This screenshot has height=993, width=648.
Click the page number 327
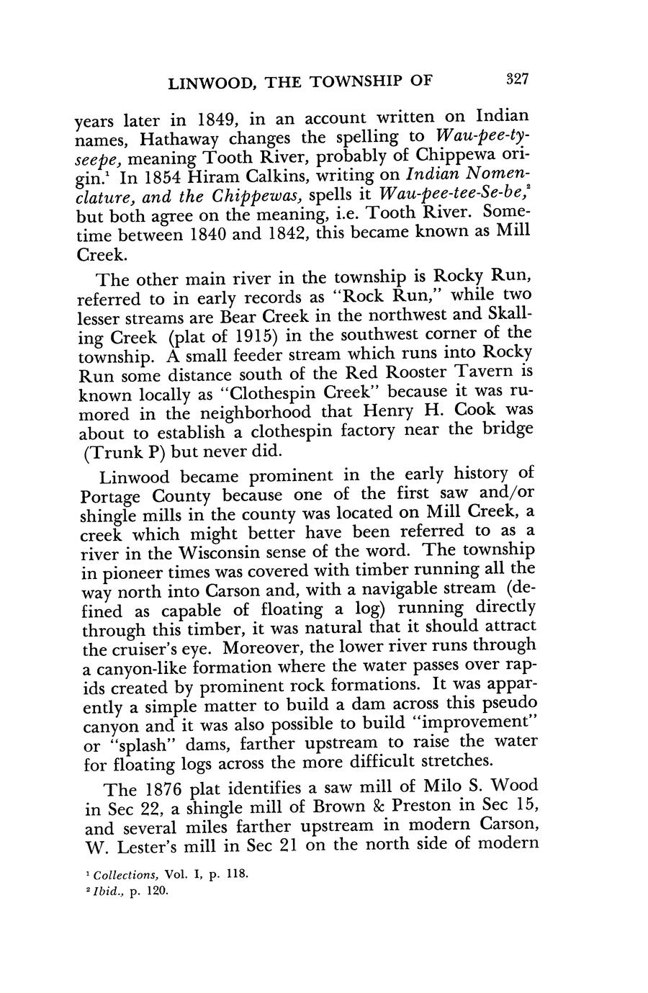pyautogui.click(x=517, y=80)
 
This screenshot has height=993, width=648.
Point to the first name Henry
pyautogui.click(x=392, y=413)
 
